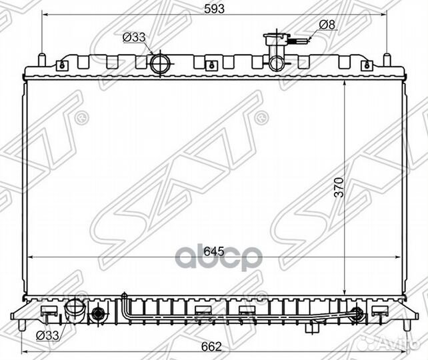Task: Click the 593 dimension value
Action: [214, 9]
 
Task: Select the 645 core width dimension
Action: [214, 251]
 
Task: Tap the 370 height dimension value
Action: [339, 187]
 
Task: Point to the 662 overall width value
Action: [211, 347]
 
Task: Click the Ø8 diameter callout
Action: [327, 25]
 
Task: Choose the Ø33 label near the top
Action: [134, 37]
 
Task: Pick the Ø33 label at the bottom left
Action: [48, 335]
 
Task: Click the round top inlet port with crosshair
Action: [160, 64]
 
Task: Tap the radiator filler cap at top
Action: [276, 36]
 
